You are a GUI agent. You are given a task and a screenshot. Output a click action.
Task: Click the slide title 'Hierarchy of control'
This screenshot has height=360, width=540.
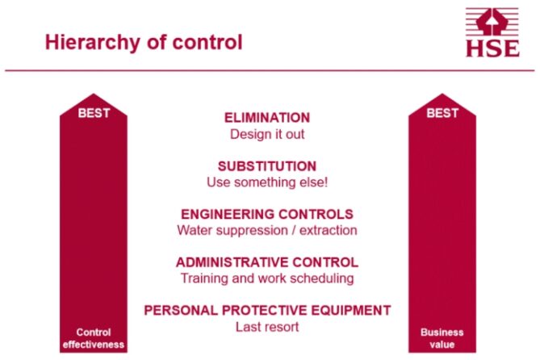click(x=143, y=42)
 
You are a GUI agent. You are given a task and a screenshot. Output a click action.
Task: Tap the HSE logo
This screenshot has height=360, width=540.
click(x=492, y=33)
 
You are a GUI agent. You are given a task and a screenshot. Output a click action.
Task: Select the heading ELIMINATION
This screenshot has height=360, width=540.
click(x=267, y=118)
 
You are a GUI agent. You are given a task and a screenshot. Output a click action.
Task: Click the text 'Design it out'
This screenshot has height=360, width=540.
click(x=267, y=134)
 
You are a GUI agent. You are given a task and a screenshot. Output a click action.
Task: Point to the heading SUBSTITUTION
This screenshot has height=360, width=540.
click(x=267, y=166)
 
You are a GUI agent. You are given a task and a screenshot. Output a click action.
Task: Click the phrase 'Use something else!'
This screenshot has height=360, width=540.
click(x=267, y=182)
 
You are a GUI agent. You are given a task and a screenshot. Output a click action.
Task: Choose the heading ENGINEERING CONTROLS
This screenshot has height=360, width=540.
click(x=267, y=214)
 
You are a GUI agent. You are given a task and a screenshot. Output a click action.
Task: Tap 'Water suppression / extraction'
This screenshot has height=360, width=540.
click(x=267, y=230)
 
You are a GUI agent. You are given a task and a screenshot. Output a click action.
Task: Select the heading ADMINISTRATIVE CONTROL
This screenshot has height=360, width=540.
click(x=267, y=262)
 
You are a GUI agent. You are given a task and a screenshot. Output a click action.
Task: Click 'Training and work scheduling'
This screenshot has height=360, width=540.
click(x=267, y=278)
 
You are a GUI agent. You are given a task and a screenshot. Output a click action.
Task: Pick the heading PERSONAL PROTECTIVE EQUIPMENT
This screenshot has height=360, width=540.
click(x=267, y=310)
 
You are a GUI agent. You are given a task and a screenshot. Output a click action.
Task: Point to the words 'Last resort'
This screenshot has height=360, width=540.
click(x=267, y=327)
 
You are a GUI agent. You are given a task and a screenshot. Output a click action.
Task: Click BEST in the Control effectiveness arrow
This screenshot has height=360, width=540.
click(x=94, y=113)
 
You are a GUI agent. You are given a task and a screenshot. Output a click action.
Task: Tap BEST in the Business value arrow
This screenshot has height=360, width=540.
click(x=442, y=113)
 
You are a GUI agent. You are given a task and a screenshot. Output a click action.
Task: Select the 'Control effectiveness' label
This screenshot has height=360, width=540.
click(x=94, y=337)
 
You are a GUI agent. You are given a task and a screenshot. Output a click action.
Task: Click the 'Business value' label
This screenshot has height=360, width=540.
click(x=442, y=337)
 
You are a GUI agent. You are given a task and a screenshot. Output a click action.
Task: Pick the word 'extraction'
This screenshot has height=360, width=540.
click(x=328, y=230)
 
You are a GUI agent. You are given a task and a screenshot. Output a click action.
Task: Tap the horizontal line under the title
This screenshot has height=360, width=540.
click(x=270, y=71)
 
